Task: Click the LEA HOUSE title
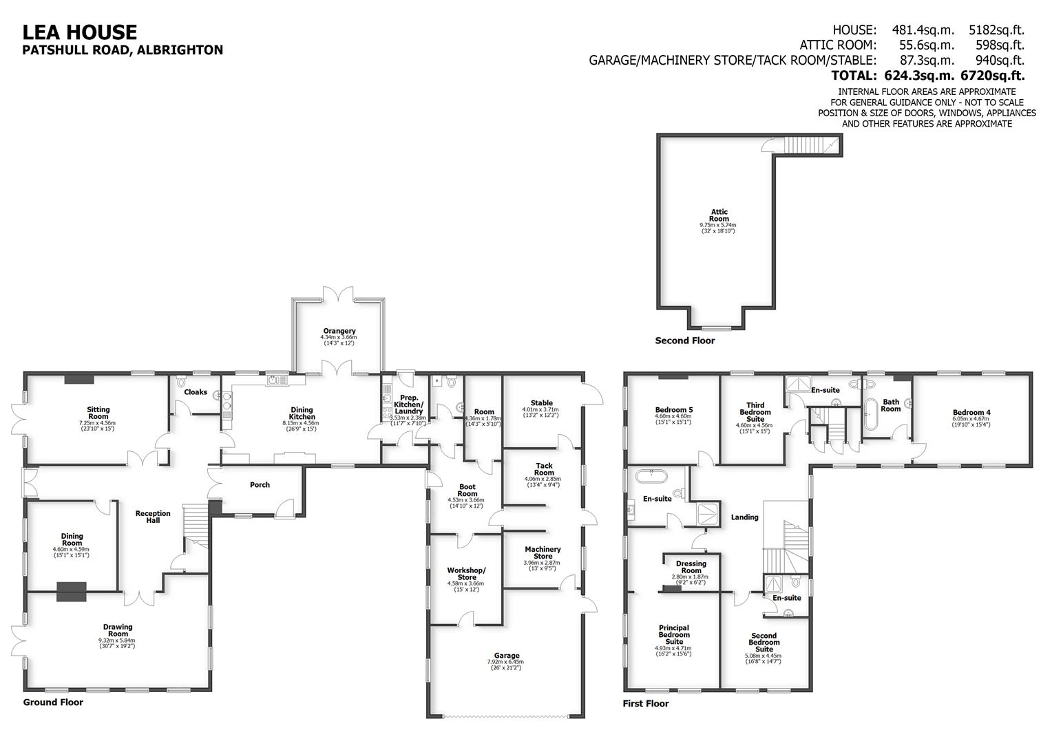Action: pos(80,32)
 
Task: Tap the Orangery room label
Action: pos(339,331)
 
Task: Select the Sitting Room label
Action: pos(98,413)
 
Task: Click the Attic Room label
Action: pos(719,215)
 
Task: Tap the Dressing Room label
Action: pos(691,567)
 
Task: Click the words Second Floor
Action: pos(684,341)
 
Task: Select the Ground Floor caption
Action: pos(53,702)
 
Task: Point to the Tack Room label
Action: pos(544,469)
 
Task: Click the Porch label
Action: pos(260,485)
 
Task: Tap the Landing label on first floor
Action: pos(744,517)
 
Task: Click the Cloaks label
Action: pos(196,392)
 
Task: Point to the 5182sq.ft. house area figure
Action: pos(996,30)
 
